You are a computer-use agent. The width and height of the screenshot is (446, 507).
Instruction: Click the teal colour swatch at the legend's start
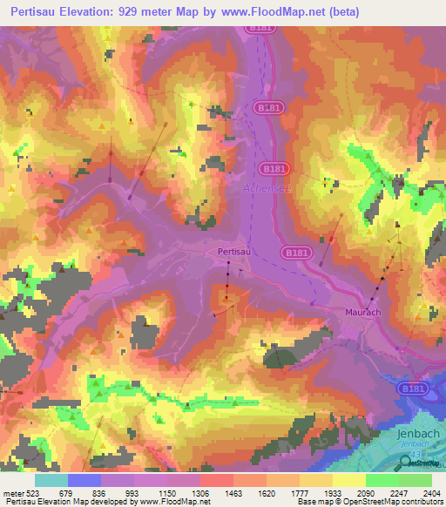coord(51,480)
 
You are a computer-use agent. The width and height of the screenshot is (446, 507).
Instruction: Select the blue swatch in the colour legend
coord(84,480)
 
